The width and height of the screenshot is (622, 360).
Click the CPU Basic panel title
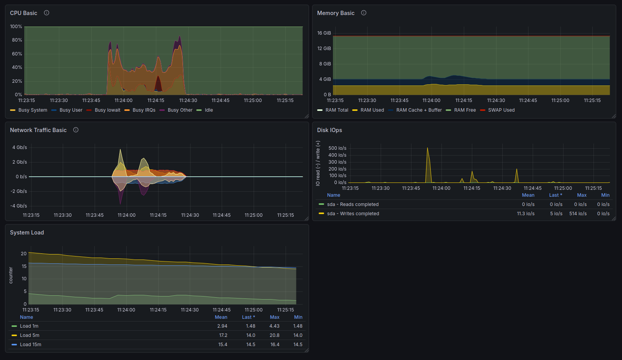pos(23,13)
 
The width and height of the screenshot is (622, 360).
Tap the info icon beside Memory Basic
pos(363,13)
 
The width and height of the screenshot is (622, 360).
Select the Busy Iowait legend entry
pos(103,110)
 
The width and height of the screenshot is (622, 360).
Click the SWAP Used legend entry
pos(497,110)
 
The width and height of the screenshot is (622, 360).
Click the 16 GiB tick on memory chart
pos(324,33)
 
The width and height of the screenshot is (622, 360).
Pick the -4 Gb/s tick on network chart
pos(18,206)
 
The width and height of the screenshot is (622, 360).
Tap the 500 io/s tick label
pos(338,148)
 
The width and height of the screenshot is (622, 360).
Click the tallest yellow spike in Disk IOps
pos(427,148)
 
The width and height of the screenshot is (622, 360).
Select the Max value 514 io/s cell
pos(578,214)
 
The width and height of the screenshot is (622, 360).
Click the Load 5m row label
pos(29,335)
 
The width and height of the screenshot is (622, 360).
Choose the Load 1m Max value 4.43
pos(274,326)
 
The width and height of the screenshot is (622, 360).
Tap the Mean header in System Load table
pos(221,317)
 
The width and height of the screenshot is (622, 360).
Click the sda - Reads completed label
pos(353,204)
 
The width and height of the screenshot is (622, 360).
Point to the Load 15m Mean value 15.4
pos(223,345)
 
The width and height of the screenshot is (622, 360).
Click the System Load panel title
pos(27,233)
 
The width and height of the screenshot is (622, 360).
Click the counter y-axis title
pos(11,275)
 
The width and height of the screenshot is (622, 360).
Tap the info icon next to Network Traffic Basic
pos(76,130)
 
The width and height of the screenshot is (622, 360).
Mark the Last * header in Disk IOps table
pos(556,195)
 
